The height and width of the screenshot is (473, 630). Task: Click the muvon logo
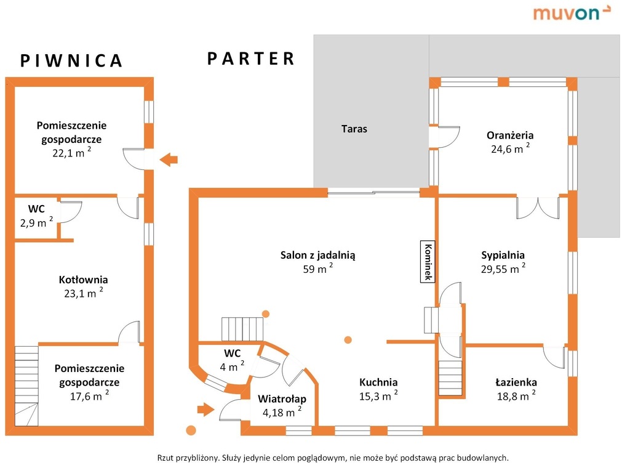click(x=572, y=12)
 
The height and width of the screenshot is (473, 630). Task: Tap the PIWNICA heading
click(x=72, y=60)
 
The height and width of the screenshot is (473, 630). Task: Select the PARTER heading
click(x=251, y=59)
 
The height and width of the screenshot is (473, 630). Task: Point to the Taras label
click(x=354, y=129)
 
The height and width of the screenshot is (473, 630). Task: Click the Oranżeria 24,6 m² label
click(x=509, y=142)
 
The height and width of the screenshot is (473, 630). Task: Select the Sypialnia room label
click(x=503, y=261)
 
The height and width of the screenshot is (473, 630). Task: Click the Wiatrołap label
click(x=282, y=405)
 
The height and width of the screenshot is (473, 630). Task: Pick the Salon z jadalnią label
click(x=318, y=261)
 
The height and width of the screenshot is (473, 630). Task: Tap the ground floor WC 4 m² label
click(x=232, y=360)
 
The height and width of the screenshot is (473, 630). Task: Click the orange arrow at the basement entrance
click(x=169, y=160)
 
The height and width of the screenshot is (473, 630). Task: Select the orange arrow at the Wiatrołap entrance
click(x=204, y=408)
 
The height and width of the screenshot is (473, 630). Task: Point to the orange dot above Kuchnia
click(x=348, y=339)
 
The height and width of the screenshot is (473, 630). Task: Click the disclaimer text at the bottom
click(x=333, y=458)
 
